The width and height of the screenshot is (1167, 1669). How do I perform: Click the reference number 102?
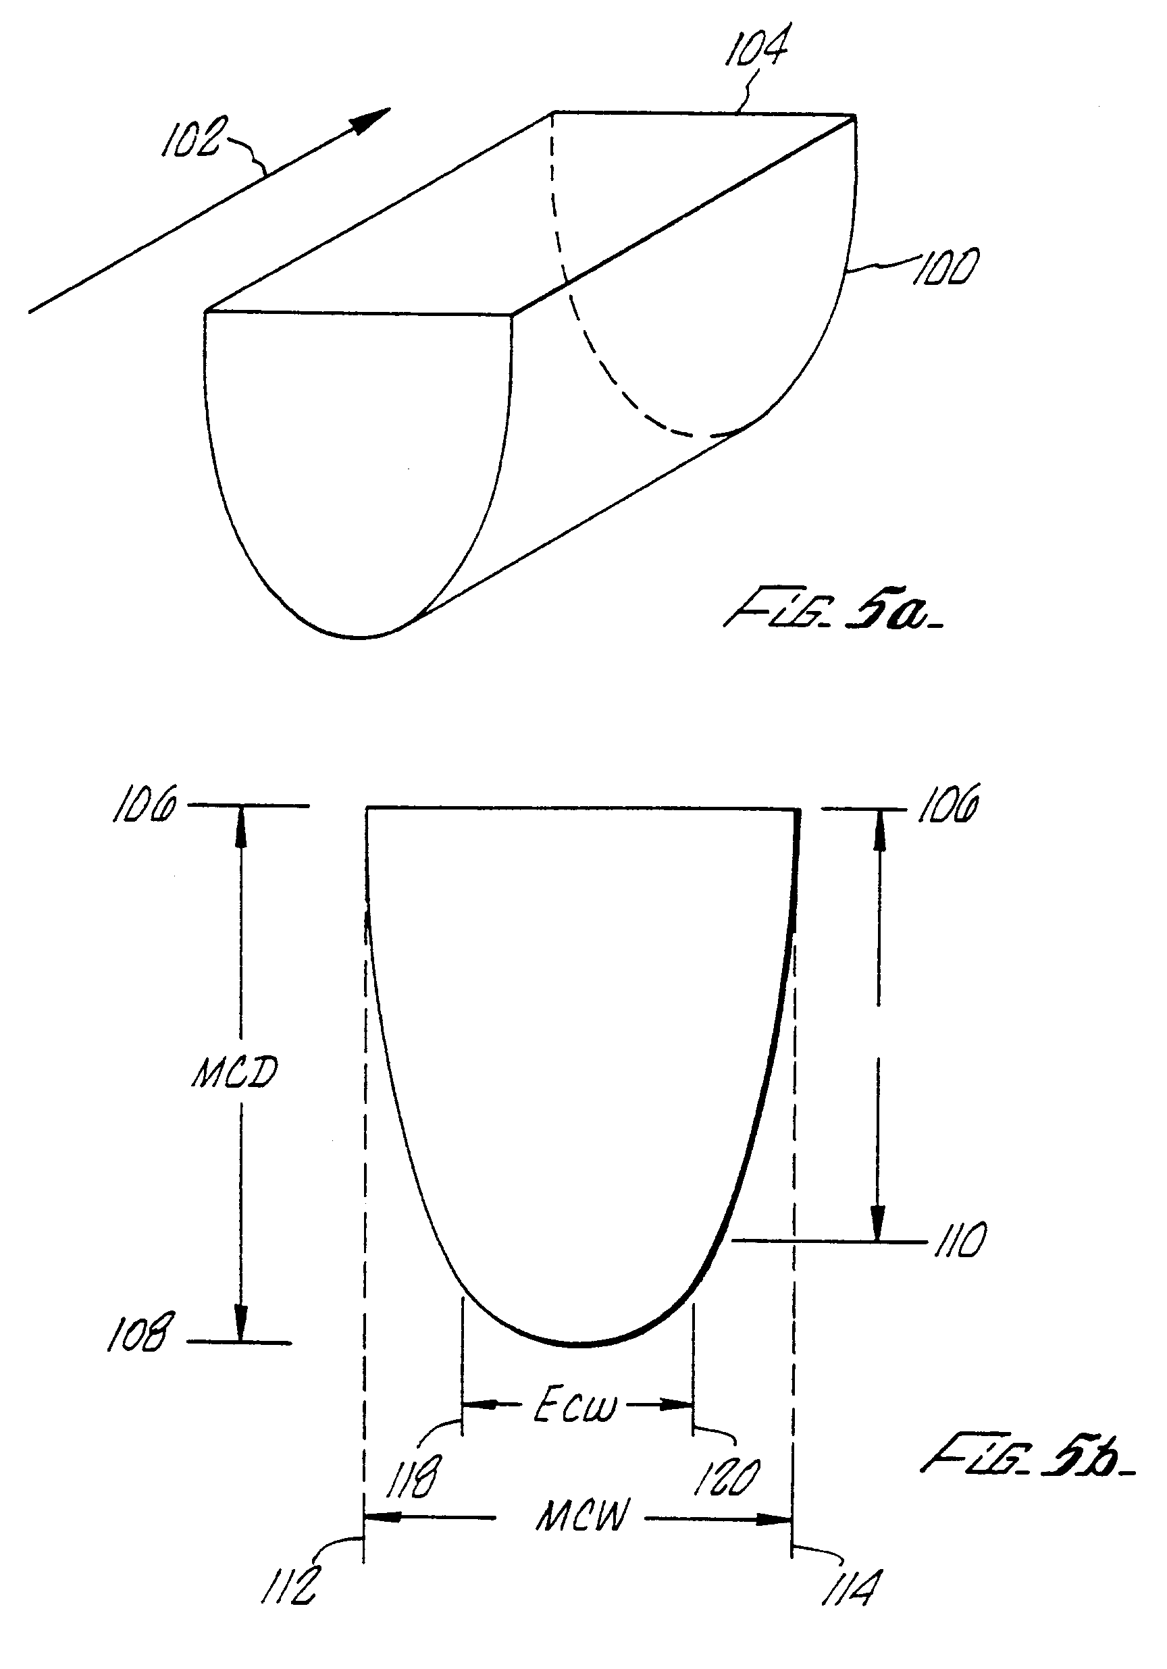(190, 136)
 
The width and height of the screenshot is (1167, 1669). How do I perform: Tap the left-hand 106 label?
(143, 805)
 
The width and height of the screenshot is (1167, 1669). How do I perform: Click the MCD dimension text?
(235, 1072)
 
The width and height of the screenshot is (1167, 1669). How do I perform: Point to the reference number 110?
(959, 1240)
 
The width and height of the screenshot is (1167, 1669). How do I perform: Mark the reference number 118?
(412, 1477)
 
